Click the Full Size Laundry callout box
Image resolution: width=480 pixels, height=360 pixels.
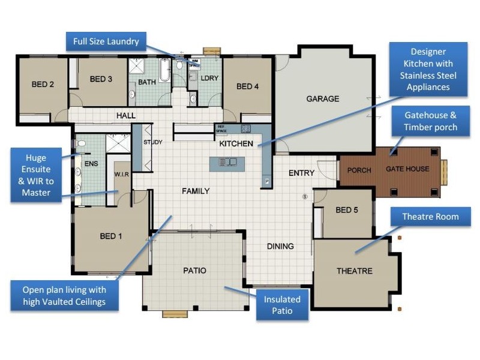(x=106, y=41)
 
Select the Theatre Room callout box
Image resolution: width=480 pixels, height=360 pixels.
(x=430, y=217)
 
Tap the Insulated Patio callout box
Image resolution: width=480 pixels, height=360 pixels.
(x=282, y=305)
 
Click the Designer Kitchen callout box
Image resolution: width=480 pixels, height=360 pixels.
(x=428, y=70)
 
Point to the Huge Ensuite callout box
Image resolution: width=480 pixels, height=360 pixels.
(x=41, y=175)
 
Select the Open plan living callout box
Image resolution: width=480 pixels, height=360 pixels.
(x=64, y=295)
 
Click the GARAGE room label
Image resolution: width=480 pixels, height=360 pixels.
(x=323, y=99)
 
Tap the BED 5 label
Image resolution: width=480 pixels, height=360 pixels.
(x=347, y=210)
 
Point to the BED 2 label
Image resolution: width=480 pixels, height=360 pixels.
(x=43, y=85)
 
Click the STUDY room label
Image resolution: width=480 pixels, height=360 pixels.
(x=153, y=142)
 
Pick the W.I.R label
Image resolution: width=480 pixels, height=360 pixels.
(x=122, y=175)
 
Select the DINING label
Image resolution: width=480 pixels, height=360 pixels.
(x=280, y=246)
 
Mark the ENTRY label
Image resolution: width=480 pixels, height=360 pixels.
(x=301, y=173)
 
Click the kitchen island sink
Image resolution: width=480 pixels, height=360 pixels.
(x=228, y=162)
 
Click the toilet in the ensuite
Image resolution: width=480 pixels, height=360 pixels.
(x=81, y=144)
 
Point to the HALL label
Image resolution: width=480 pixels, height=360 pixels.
(x=126, y=115)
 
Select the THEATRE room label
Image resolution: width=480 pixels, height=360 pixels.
(x=354, y=271)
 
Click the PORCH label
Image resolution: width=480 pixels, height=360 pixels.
(x=359, y=170)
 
